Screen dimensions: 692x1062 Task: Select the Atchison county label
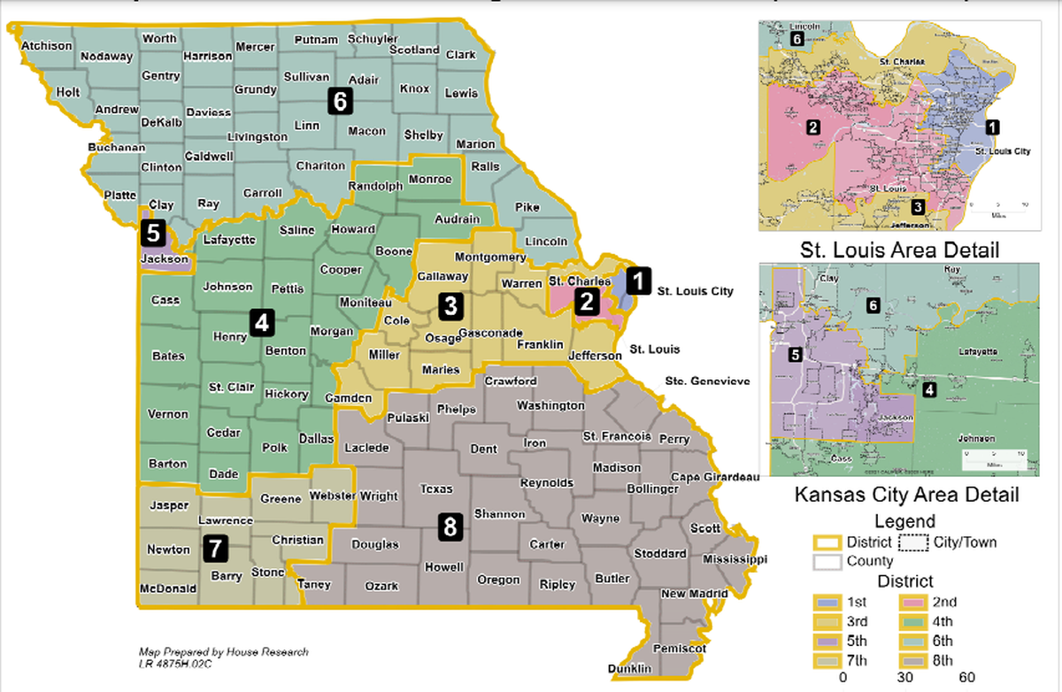point(46,45)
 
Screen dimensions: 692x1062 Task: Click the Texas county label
point(435,488)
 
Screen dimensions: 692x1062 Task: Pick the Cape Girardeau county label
point(716,477)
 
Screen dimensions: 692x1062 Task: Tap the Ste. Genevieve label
point(707,381)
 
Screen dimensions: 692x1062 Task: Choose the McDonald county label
point(167,588)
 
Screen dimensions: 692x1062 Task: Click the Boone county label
point(394,251)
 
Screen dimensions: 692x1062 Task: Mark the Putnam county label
point(316,40)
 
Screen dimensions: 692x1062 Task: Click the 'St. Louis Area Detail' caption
point(900,250)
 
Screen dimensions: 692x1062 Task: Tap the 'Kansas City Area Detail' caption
point(905,495)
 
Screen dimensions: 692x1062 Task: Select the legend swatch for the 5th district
point(827,642)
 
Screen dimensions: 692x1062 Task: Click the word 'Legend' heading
point(904,521)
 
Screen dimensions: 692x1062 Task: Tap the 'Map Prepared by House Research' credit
point(223,651)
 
